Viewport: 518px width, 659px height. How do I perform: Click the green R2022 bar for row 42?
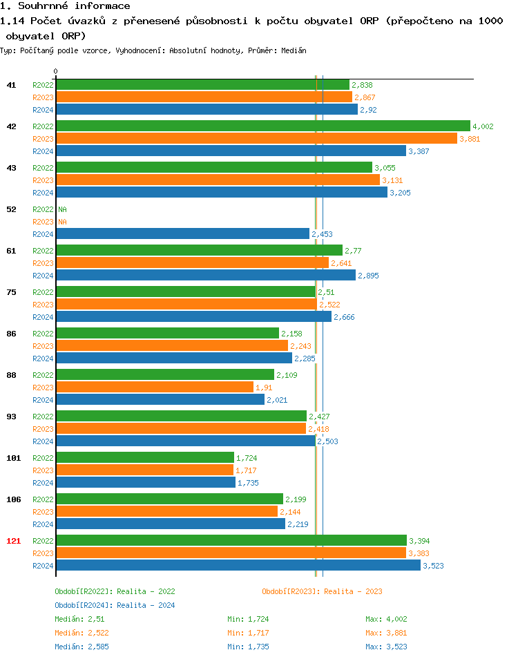(x=262, y=126)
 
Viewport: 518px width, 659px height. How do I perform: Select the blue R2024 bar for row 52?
(x=182, y=234)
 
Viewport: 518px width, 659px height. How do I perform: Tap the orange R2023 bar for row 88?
(x=155, y=388)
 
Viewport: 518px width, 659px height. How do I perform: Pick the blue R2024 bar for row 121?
(x=238, y=566)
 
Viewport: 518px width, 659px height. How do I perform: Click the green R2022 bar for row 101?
(x=145, y=458)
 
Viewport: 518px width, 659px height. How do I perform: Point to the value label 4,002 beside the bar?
(x=483, y=126)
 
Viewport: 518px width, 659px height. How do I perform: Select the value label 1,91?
(x=264, y=388)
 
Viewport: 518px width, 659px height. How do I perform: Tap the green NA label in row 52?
(x=62, y=209)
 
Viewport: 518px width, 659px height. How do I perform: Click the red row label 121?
(x=14, y=541)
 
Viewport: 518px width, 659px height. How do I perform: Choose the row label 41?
(x=12, y=85)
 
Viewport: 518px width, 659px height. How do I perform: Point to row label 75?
(x=12, y=292)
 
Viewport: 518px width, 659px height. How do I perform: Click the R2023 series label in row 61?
(x=43, y=263)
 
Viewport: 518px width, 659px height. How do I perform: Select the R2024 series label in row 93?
(x=43, y=441)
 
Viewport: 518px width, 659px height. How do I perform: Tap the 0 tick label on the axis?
(x=56, y=71)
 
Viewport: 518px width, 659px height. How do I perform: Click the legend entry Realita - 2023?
(x=322, y=591)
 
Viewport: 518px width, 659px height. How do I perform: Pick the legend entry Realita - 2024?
(x=115, y=605)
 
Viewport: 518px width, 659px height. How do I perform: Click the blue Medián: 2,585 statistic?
(x=81, y=647)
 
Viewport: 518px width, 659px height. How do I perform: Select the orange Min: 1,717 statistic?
(x=249, y=633)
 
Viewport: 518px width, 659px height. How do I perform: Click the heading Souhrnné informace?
(x=65, y=6)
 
